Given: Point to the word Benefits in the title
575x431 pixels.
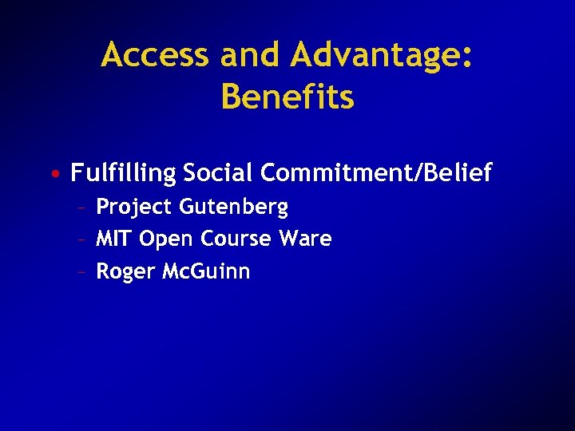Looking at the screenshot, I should click(287, 97).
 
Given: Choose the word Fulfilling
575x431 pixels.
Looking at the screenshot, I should click(123, 173).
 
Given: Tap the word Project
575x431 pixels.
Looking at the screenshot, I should click(134, 208).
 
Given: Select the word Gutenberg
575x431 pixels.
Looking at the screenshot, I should click(233, 208).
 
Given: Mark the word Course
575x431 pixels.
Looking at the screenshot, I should click(236, 239).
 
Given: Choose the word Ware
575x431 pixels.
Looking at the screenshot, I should click(306, 239).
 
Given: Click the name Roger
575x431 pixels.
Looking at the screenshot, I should click(125, 272).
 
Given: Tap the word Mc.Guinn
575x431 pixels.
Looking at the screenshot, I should click(206, 271).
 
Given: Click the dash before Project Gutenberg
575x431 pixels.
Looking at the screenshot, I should click(82, 208).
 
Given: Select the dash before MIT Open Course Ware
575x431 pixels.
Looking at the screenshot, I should click(82, 239).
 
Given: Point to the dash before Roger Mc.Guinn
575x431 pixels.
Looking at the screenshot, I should click(82, 272).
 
